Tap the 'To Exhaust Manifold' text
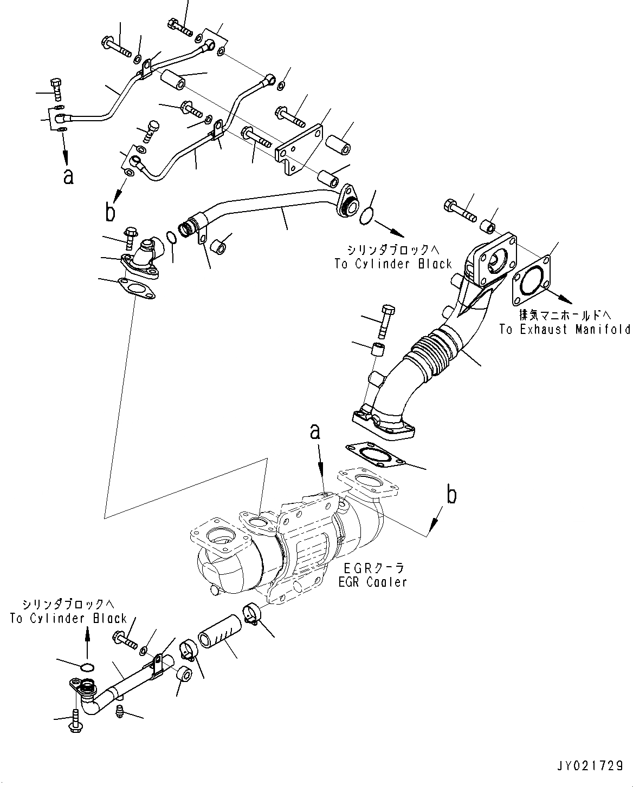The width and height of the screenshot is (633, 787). pyautogui.click(x=565, y=329)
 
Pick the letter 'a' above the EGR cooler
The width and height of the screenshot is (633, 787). pyautogui.click(x=315, y=432)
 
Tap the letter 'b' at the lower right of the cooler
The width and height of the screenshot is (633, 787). pyautogui.click(x=451, y=495)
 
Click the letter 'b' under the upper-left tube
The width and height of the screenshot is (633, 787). pyautogui.click(x=111, y=213)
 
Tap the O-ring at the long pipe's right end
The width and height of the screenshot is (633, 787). pyautogui.click(x=366, y=215)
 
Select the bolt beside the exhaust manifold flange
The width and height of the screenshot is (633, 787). pyautogui.click(x=460, y=208)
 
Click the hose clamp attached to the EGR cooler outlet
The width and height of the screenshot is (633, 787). pyautogui.click(x=252, y=613)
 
